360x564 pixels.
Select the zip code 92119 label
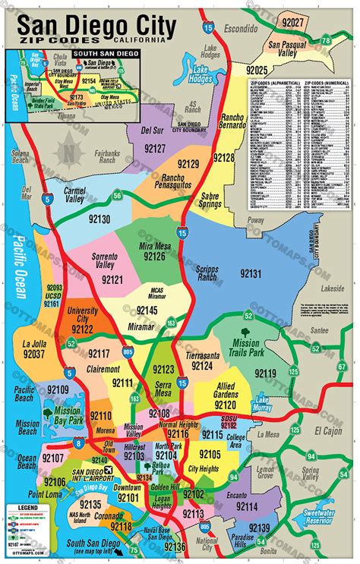pos(264,373)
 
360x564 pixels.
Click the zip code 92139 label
pos(258,528)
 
